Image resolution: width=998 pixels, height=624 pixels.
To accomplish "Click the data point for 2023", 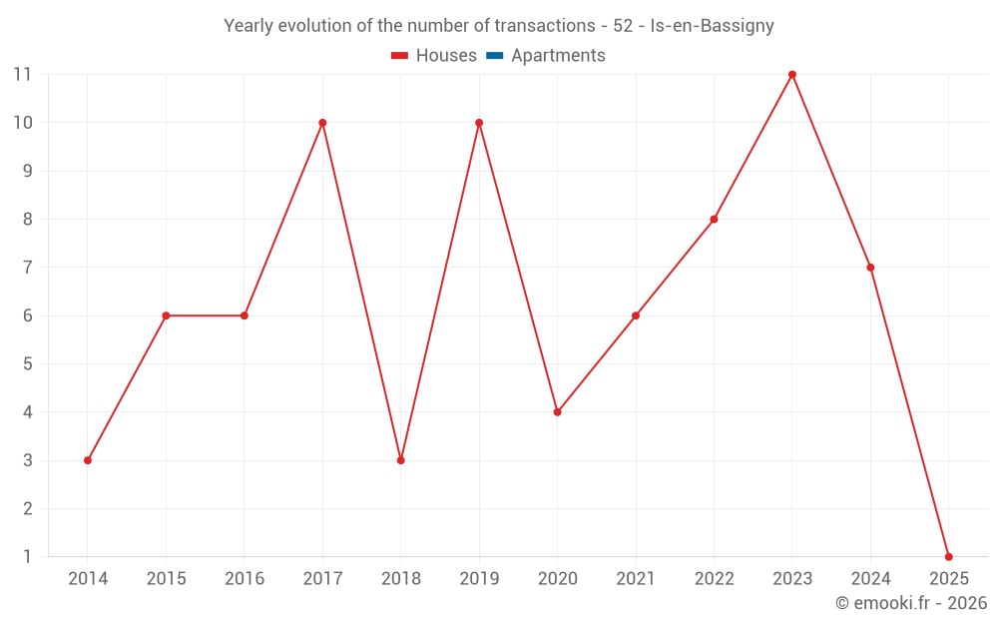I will click(x=792, y=75).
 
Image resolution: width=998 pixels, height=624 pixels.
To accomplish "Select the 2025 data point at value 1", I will click(x=948, y=557).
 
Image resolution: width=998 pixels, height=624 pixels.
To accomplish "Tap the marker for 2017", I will click(x=322, y=123).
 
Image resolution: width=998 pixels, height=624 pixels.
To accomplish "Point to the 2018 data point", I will click(x=400, y=460).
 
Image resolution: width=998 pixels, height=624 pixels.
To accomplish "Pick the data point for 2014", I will click(x=88, y=460).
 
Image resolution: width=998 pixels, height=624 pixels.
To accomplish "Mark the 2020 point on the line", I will click(x=557, y=412).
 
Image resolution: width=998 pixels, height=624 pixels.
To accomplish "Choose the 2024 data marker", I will click(x=870, y=268).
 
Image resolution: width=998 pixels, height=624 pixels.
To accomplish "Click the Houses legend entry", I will click(x=446, y=56).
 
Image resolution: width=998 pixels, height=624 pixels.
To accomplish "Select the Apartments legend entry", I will click(x=558, y=56).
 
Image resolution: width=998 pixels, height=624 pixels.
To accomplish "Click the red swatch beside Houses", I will click(x=400, y=56).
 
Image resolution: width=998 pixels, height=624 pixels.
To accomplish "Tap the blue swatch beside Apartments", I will click(x=495, y=56).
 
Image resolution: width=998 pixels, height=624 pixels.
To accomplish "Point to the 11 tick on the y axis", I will click(x=23, y=75).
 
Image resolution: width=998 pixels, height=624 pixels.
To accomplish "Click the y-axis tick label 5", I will click(x=28, y=364).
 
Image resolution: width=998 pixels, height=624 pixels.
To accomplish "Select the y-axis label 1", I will click(x=28, y=557).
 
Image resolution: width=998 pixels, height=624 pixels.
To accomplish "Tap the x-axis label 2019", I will click(x=479, y=579).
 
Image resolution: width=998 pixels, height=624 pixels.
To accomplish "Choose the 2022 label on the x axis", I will click(x=714, y=579).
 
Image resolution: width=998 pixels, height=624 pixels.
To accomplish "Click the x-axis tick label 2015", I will click(x=166, y=579).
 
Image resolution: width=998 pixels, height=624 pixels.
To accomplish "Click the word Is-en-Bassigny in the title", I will click(x=712, y=26).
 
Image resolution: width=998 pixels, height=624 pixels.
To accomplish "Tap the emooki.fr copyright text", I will click(x=911, y=603).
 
